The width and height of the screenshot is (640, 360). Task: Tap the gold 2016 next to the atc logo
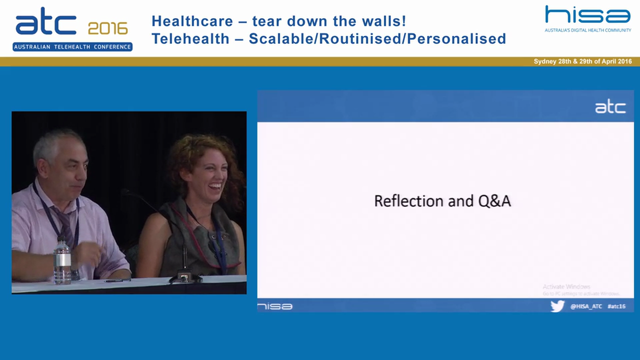[x=107, y=28]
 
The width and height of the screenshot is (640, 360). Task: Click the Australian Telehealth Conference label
[x=72, y=47]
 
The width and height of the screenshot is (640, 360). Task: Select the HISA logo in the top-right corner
[x=587, y=15]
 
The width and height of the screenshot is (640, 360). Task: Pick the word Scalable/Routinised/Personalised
[x=377, y=38]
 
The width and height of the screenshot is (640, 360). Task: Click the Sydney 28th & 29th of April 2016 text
[x=582, y=61]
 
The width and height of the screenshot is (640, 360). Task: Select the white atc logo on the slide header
[x=610, y=107]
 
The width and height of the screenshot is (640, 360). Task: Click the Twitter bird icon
[x=557, y=306]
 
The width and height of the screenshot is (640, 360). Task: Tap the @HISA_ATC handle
[x=586, y=306]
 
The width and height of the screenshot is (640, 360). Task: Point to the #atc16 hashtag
[x=616, y=306]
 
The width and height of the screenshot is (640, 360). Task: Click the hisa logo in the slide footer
[x=275, y=306]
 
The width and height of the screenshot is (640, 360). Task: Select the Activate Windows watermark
[x=566, y=287]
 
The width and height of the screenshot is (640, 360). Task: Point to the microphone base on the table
[x=184, y=277]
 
